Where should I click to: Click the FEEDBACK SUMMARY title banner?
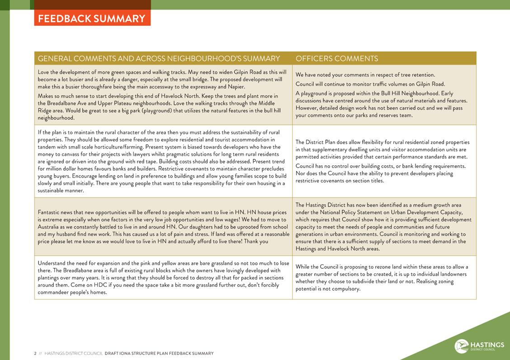click(x=92, y=19)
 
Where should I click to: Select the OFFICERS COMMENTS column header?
click(x=336, y=59)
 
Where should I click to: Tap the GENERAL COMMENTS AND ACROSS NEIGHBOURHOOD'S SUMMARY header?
click(x=159, y=59)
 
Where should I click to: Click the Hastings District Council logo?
click(x=479, y=346)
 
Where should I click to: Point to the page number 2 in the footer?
click(x=35, y=353)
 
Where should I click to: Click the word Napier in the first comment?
click(x=236, y=87)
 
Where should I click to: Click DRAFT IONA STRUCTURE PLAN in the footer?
click(x=136, y=353)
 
